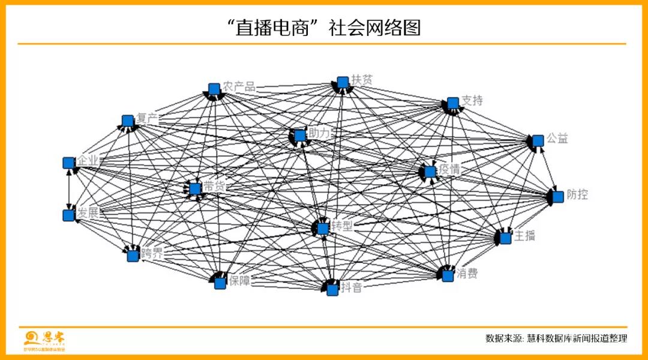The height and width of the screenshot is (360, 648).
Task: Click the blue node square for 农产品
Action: click(x=214, y=89)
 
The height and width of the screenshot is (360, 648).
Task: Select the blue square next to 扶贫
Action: click(x=343, y=82)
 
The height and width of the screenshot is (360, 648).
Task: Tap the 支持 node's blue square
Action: click(x=453, y=103)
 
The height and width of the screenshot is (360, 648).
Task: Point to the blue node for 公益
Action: click(x=538, y=140)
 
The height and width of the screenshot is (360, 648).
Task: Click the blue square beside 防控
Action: click(x=558, y=197)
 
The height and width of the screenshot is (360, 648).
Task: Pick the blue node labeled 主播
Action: click(x=506, y=238)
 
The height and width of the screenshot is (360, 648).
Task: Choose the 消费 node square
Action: click(x=447, y=276)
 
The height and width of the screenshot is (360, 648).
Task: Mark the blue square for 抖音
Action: click(x=332, y=289)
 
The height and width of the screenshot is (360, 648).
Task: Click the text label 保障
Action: click(x=239, y=280)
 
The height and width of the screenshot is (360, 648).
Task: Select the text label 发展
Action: click(x=87, y=212)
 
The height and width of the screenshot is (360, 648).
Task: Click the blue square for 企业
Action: click(x=68, y=163)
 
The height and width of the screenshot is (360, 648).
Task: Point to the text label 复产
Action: click(x=146, y=119)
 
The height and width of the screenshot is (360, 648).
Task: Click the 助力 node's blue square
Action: click(x=300, y=136)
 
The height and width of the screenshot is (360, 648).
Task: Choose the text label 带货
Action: click(x=214, y=187)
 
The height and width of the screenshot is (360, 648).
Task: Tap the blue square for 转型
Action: click(x=323, y=229)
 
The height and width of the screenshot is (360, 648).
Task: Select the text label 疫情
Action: click(x=449, y=170)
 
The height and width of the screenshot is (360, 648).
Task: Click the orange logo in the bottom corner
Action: click(x=45, y=340)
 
